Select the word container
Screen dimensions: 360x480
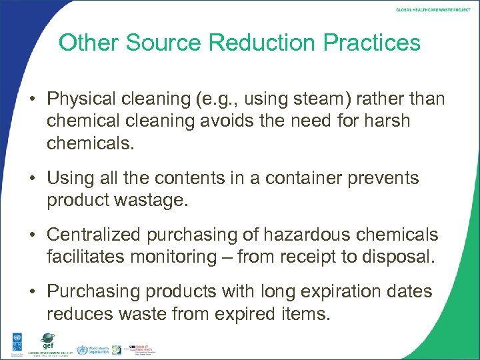(x=313, y=178)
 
